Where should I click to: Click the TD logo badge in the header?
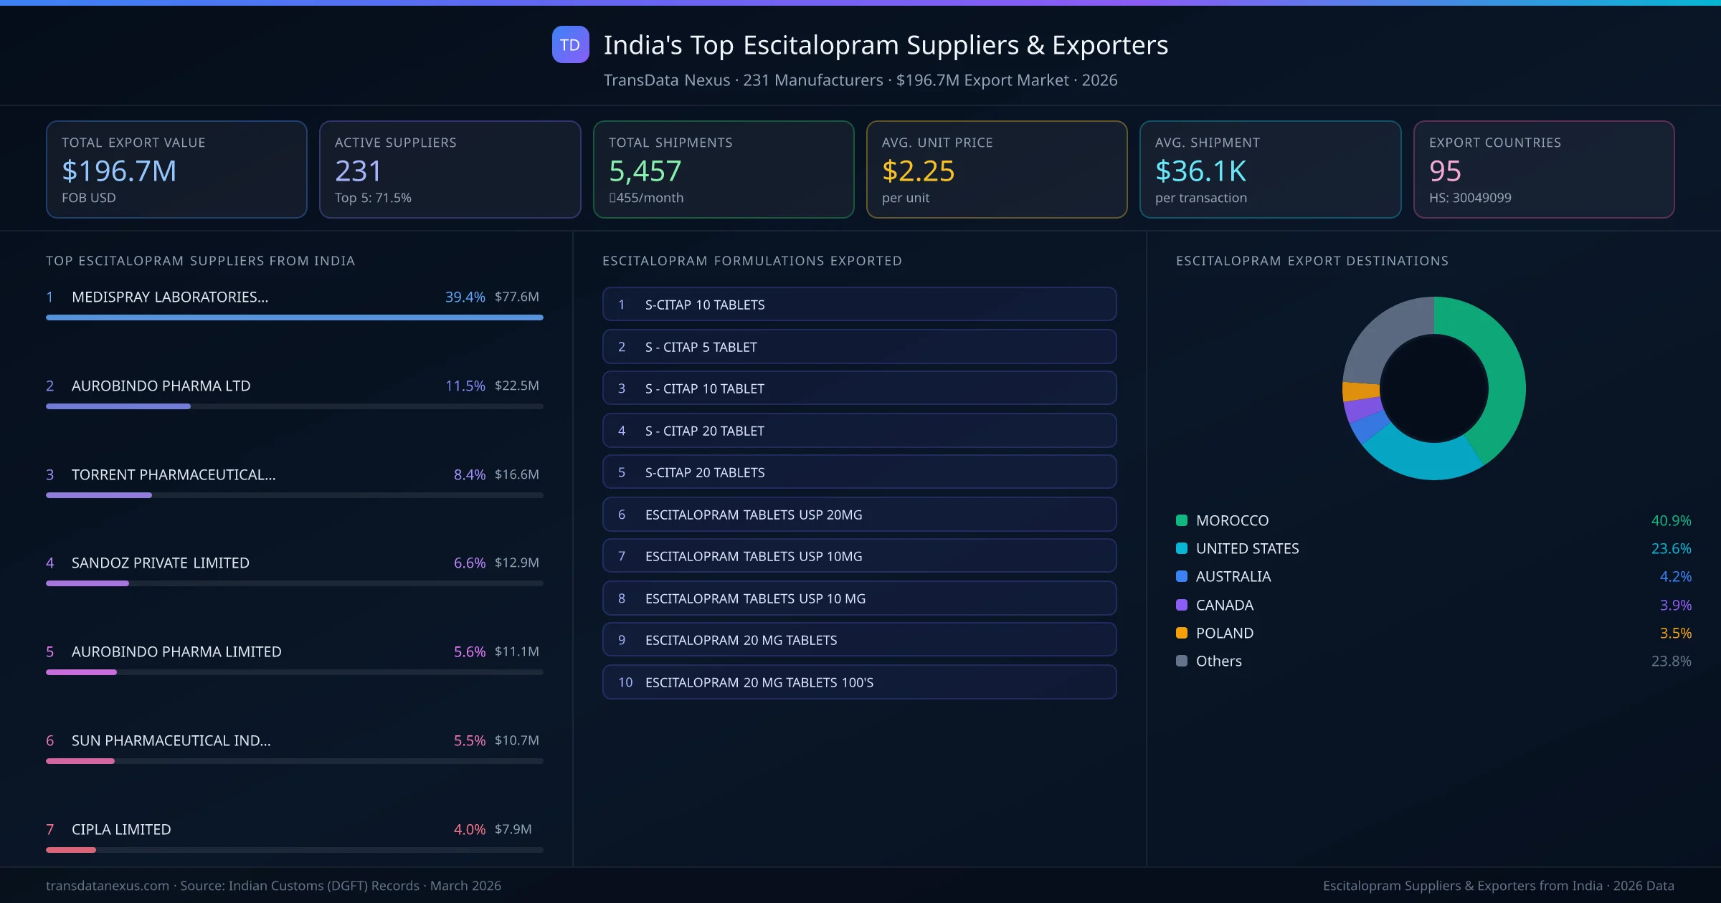(570, 44)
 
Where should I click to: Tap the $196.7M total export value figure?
(119, 171)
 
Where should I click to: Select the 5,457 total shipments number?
(645, 171)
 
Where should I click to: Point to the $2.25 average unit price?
(918, 171)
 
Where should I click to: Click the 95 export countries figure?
(1444, 171)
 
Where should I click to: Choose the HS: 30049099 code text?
(1469, 198)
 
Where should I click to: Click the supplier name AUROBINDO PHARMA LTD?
(161, 386)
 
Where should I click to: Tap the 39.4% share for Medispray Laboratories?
(465, 297)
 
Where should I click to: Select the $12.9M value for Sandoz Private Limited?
(516, 563)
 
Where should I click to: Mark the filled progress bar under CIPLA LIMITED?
(71, 850)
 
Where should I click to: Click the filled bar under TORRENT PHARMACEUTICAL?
(99, 495)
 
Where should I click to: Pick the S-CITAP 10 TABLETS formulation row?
(859, 305)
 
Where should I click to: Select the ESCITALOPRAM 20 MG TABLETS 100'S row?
(859, 682)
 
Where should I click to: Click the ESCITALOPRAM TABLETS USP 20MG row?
(859, 515)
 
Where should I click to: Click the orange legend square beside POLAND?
(1182, 633)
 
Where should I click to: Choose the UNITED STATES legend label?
(1247, 548)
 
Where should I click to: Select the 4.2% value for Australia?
(1675, 576)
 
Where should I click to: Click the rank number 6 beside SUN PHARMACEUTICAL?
(50, 740)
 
